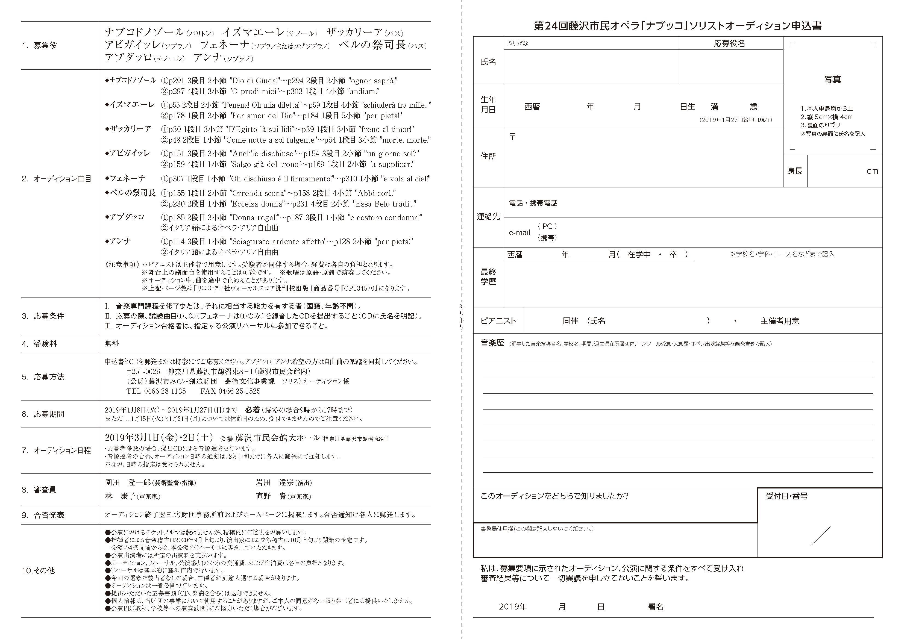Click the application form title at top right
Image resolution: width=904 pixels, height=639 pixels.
click(x=678, y=26)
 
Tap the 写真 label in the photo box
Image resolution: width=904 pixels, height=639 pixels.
click(x=832, y=79)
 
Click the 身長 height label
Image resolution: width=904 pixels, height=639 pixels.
click(x=794, y=171)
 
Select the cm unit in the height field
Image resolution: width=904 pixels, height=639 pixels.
click(x=872, y=171)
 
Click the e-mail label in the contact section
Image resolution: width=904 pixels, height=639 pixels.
click(x=520, y=233)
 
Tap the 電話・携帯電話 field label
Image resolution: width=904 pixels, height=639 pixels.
click(x=533, y=203)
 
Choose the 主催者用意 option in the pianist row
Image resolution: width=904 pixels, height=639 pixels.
click(x=780, y=321)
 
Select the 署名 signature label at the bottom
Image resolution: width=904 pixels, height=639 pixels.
click(x=656, y=607)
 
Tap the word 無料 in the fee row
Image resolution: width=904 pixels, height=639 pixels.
click(x=112, y=343)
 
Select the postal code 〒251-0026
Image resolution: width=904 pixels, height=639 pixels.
click(x=143, y=371)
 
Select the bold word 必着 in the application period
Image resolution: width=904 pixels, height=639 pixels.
click(x=253, y=410)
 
